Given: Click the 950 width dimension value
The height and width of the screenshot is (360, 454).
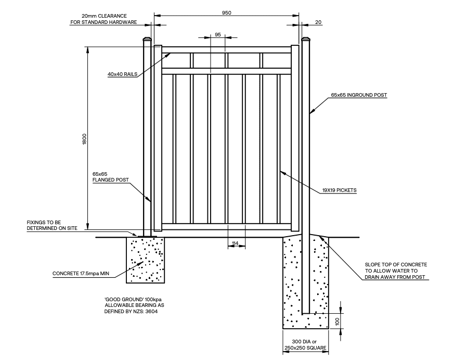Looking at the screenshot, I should pos(226,11).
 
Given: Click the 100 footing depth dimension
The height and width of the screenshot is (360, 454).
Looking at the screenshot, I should pos(336,322).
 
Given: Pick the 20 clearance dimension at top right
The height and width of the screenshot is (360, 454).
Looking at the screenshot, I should pos(318,22).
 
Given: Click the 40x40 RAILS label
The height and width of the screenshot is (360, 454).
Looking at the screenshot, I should pos(122,74).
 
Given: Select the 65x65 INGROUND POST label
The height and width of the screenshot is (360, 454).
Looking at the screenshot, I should pos(358,95).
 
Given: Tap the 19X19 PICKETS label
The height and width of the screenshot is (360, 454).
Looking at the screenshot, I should pos(339,191).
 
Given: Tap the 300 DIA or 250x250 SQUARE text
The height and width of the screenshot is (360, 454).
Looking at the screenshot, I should pos(305,344).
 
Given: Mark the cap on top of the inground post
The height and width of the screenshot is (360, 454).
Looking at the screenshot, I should pos(305,39).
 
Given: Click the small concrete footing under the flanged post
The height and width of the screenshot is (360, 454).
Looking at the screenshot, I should pos(145,260).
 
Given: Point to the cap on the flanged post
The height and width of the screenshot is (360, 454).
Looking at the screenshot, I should pos(147,39).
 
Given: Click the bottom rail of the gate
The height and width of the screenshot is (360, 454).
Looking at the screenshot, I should pos(226,227).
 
